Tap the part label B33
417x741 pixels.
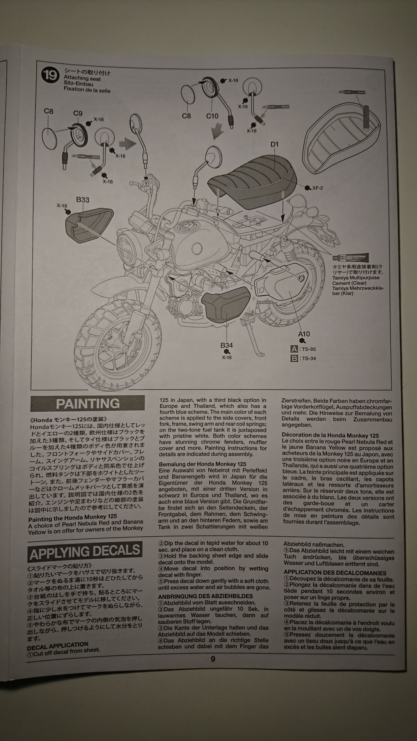tap(83, 200)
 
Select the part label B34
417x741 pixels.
tap(226, 345)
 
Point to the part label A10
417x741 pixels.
tap(304, 334)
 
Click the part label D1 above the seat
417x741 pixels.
tap(274, 144)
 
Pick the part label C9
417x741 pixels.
tap(78, 113)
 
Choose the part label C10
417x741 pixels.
tap(212, 116)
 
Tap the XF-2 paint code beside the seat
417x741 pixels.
tap(317, 188)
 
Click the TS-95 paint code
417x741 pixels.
tap(308, 349)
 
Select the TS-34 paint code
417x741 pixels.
tap(308, 358)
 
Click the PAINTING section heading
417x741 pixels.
tap(87, 403)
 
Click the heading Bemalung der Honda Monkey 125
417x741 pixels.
tap(203, 464)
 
